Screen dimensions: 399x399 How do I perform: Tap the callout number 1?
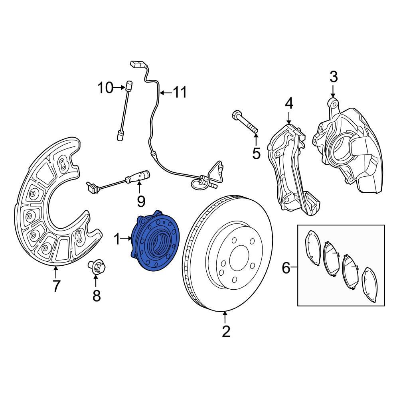[117, 239]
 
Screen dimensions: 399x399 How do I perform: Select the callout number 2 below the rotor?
[226, 331]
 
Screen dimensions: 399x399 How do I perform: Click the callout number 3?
[334, 76]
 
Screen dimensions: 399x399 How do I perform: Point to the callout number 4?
[289, 104]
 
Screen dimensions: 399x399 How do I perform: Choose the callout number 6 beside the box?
[286, 268]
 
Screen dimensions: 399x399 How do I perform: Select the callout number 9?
[141, 201]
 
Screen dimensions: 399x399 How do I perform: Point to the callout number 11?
[180, 93]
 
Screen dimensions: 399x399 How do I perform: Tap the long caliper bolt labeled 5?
[244, 122]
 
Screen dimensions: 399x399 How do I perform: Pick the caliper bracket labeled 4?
[289, 168]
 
